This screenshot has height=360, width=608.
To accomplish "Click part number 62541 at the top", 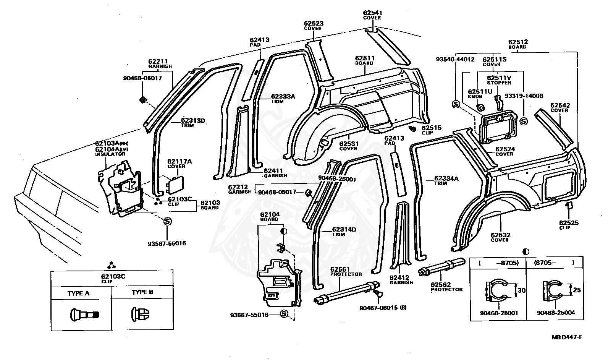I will click(372, 13).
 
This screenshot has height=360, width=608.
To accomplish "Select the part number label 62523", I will click(314, 23).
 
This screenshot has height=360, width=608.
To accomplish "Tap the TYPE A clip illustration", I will click(84, 314).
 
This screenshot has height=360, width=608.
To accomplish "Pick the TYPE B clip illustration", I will click(141, 313).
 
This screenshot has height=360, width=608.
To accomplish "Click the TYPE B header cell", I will click(142, 292).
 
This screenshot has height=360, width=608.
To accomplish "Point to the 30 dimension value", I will click(521, 290).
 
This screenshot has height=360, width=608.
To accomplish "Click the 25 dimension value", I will click(577, 290).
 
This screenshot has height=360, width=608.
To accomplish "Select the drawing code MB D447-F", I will click(567, 337).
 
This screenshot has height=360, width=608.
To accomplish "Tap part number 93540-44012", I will click(455, 59).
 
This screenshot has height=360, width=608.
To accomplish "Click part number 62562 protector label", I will click(441, 285).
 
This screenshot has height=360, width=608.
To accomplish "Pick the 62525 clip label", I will click(569, 223).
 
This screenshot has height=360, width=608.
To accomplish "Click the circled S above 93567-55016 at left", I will click(167, 221).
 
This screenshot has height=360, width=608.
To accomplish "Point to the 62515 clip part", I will click(412, 128).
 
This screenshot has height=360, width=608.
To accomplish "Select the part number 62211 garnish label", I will click(158, 61).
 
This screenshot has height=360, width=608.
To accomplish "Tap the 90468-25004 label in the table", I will click(556, 313).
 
